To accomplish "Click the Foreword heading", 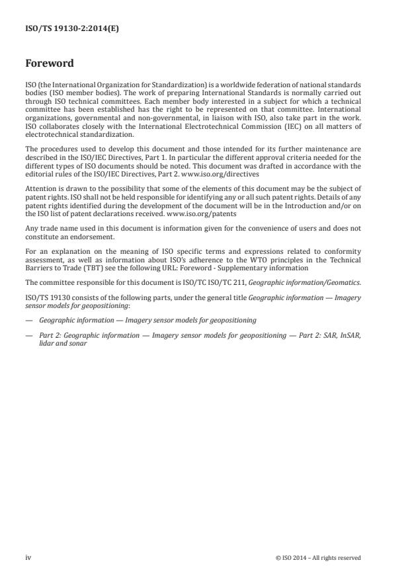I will coord(49,64).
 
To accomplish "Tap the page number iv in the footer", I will coord(28,558).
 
